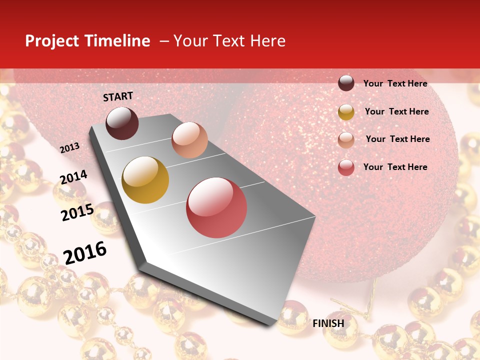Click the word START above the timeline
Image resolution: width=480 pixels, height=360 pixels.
point(118,96)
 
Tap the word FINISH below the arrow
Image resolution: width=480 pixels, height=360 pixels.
point(328,323)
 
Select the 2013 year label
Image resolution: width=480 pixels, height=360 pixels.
point(69,147)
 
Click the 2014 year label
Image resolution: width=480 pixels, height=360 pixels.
point(73,177)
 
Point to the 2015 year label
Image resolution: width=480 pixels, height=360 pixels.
point(77,212)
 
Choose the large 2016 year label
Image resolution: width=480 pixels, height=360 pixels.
point(85,252)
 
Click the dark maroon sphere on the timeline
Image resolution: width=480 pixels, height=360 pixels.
point(122,123)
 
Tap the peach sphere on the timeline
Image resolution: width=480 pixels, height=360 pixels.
point(189,139)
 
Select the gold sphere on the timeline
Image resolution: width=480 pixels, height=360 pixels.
point(145,180)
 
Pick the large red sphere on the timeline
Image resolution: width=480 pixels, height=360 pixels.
point(216,207)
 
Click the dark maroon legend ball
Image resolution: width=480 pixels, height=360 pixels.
point(346,83)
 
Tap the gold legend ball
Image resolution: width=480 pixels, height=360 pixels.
point(346,112)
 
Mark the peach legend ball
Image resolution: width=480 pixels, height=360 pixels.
point(346,140)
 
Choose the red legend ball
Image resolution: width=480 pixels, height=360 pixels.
point(346,167)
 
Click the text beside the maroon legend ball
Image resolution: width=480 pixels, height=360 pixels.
point(395,83)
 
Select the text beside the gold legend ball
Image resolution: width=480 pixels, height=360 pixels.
point(396,111)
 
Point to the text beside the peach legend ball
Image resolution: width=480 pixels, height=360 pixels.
point(397,139)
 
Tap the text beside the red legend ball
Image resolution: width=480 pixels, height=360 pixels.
point(395,167)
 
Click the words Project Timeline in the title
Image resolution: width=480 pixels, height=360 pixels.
point(87,41)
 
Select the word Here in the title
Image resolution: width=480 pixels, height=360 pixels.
point(267,41)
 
